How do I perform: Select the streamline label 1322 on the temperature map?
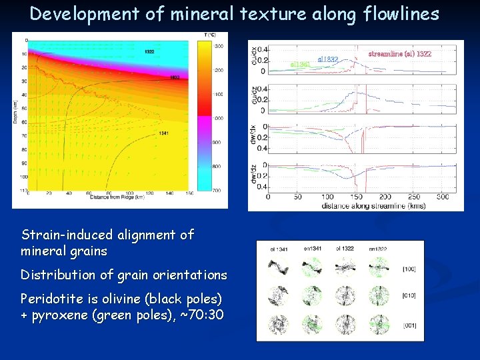click(x=150, y=51)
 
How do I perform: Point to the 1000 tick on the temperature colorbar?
click(x=217, y=118)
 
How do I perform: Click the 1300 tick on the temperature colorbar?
click(x=217, y=45)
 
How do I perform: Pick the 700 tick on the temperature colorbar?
click(x=217, y=190)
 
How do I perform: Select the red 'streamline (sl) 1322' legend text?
click(x=399, y=53)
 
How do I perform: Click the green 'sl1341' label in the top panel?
click(x=300, y=65)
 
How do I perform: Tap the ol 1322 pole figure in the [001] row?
click(x=345, y=325)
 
